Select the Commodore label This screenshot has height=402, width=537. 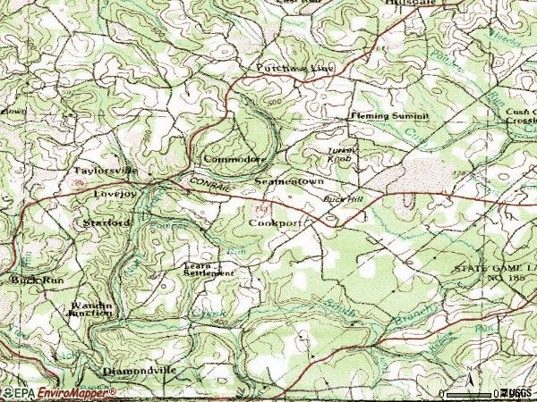pyautogui.click(x=234, y=159)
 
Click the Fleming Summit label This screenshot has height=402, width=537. pyautogui.click(x=389, y=117)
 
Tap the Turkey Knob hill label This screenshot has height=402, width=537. pyautogui.click(x=341, y=154)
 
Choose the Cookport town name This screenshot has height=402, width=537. pyautogui.click(x=275, y=222)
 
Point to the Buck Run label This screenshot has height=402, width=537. pyautogui.click(x=29, y=280)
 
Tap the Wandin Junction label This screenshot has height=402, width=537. pyautogui.click(x=91, y=308)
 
